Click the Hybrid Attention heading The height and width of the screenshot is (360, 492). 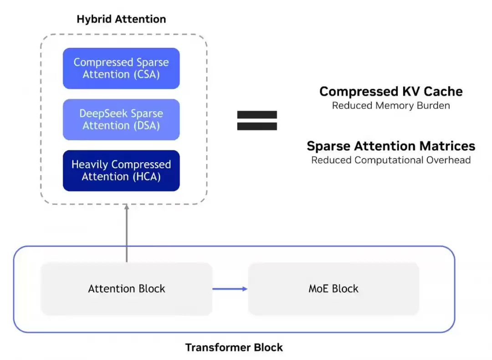121,19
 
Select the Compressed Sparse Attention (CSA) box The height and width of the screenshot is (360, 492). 121,68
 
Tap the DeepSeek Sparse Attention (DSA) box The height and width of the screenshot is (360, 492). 121,119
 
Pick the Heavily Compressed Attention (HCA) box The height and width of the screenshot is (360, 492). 121,170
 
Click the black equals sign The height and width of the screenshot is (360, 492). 257,121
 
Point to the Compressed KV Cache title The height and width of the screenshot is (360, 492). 391,92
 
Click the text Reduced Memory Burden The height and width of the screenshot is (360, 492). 391,106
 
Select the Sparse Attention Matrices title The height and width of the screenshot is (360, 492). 391,146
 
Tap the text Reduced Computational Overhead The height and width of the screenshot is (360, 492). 391,160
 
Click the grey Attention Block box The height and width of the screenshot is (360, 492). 127,289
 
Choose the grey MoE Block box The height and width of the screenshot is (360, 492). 333,289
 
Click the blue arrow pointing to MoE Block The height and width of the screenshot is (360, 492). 230,288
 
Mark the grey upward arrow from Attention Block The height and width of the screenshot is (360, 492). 127,232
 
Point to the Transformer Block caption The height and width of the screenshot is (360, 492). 234,348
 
